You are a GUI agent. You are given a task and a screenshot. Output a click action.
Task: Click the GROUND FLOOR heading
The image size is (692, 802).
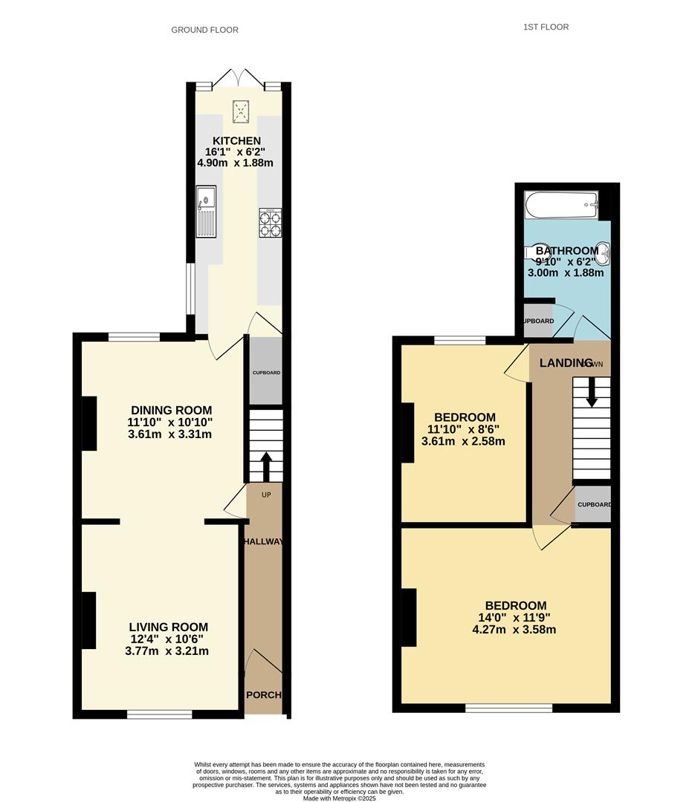tap(204, 30)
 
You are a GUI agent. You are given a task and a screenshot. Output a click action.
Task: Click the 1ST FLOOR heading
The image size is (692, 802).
tap(546, 27)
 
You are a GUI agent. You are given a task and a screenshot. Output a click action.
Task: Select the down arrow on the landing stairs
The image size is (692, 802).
tap(592, 392)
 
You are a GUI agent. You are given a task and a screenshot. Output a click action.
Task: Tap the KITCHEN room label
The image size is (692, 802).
tap(236, 141)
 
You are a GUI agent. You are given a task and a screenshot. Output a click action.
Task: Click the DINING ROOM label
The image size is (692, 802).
tap(171, 410)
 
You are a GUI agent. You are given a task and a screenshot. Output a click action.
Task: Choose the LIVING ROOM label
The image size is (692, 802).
tap(168, 627)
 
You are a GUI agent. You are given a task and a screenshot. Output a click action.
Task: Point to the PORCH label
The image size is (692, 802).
tap(264, 695)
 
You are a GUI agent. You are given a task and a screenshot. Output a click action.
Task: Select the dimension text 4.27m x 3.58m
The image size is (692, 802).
tap(514, 630)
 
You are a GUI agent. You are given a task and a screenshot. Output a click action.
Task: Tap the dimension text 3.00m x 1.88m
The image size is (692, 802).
tap(565, 273)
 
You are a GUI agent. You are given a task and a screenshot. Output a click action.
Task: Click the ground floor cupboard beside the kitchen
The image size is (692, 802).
tap(265, 371)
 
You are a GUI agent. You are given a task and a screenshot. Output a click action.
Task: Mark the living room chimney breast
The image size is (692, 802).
tap(88, 619)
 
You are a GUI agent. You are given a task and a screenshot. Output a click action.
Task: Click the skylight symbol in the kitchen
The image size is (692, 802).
tap(241, 111)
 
